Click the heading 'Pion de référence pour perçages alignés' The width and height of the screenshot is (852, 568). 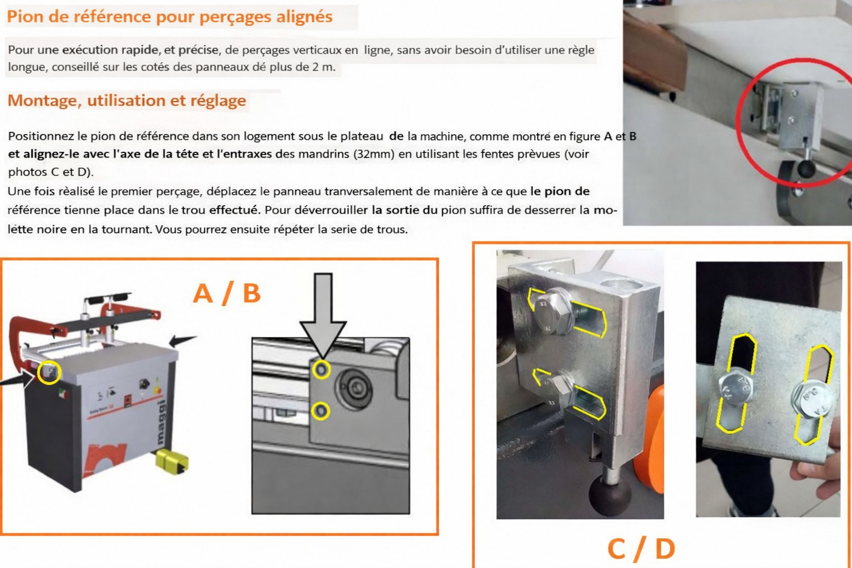[170, 17]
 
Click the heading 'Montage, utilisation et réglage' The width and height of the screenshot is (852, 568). [126, 100]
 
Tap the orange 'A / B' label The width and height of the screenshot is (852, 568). [227, 293]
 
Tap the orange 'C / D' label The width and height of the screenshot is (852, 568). [641, 549]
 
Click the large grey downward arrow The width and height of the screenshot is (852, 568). [323, 315]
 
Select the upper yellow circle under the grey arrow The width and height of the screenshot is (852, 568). [321, 369]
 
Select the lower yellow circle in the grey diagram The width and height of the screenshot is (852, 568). [321, 411]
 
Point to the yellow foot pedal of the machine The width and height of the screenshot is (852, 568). [172, 461]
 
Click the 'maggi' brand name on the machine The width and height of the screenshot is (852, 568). [161, 422]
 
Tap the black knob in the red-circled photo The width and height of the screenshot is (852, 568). [805, 168]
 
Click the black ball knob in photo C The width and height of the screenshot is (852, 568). [610, 496]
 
